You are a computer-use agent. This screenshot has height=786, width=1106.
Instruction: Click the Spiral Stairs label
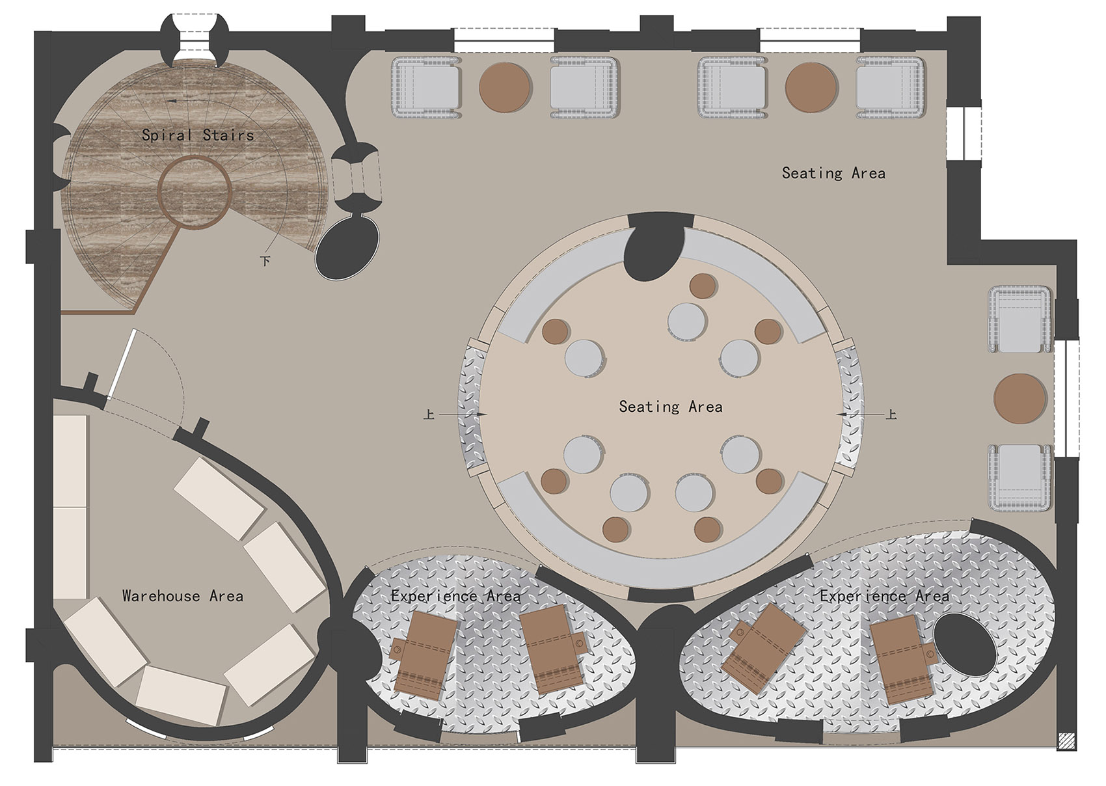pyautogui.click(x=198, y=135)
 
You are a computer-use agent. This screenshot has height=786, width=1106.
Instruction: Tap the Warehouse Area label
pyautogui.click(x=183, y=596)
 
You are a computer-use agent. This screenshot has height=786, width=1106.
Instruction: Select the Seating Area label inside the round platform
pyautogui.click(x=671, y=406)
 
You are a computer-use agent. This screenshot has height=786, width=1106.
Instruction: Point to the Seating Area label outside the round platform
pyautogui.click(x=833, y=173)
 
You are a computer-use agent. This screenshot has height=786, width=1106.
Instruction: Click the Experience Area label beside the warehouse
pyautogui.click(x=455, y=596)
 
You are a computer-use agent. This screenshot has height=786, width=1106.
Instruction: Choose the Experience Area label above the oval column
pyautogui.click(x=884, y=596)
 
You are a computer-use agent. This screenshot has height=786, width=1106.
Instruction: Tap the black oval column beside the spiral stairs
pyautogui.click(x=347, y=248)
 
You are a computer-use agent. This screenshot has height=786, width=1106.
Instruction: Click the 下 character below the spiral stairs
pyautogui.click(x=265, y=260)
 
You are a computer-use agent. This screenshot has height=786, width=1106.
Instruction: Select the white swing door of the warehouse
pyautogui.click(x=122, y=364)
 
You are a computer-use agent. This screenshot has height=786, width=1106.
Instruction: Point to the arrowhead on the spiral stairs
pyautogui.click(x=172, y=101)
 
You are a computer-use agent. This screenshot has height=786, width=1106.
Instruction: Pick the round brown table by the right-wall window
pyautogui.click(x=1020, y=398)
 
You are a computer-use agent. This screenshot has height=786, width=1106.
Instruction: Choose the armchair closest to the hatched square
pyautogui.click(x=1020, y=477)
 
